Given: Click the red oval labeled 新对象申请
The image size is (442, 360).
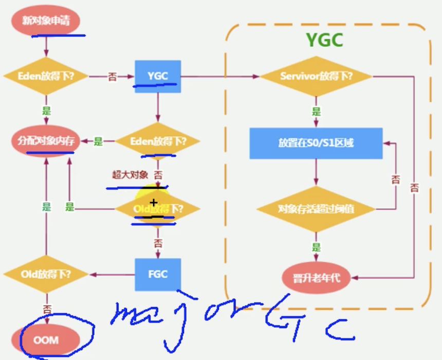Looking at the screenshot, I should point(46,21).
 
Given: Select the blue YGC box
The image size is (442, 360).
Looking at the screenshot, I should point(158,77).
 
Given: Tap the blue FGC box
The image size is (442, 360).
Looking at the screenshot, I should point(158,274).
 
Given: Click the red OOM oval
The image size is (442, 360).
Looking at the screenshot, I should point(46,340).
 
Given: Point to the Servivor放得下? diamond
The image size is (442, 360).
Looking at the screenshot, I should point(316,77).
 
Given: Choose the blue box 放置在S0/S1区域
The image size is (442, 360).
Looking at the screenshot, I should point(316,143).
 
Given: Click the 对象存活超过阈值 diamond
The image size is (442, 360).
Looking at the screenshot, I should point(316,209).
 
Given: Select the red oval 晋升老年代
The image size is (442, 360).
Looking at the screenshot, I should point(316,278).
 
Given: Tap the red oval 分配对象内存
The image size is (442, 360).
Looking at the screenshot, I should point(46,141).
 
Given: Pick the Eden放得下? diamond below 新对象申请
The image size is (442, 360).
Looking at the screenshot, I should point(46,77).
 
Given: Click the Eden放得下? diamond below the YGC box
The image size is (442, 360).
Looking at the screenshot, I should point(158,141).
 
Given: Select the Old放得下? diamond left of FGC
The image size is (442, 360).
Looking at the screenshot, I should point(46,274).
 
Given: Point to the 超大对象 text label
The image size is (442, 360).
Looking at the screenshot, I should point(130,175).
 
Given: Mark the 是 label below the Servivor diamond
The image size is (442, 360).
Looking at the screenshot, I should point(316,111).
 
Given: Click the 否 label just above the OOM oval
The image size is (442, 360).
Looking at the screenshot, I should point(47,309).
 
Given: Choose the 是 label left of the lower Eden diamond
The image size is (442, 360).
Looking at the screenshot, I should point(98,141).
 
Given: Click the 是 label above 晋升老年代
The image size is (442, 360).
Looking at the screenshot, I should point(316,247).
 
